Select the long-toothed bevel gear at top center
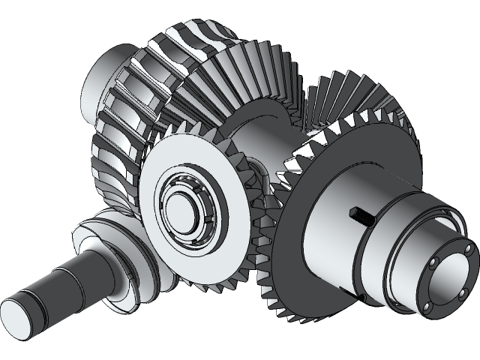click(240, 75)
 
